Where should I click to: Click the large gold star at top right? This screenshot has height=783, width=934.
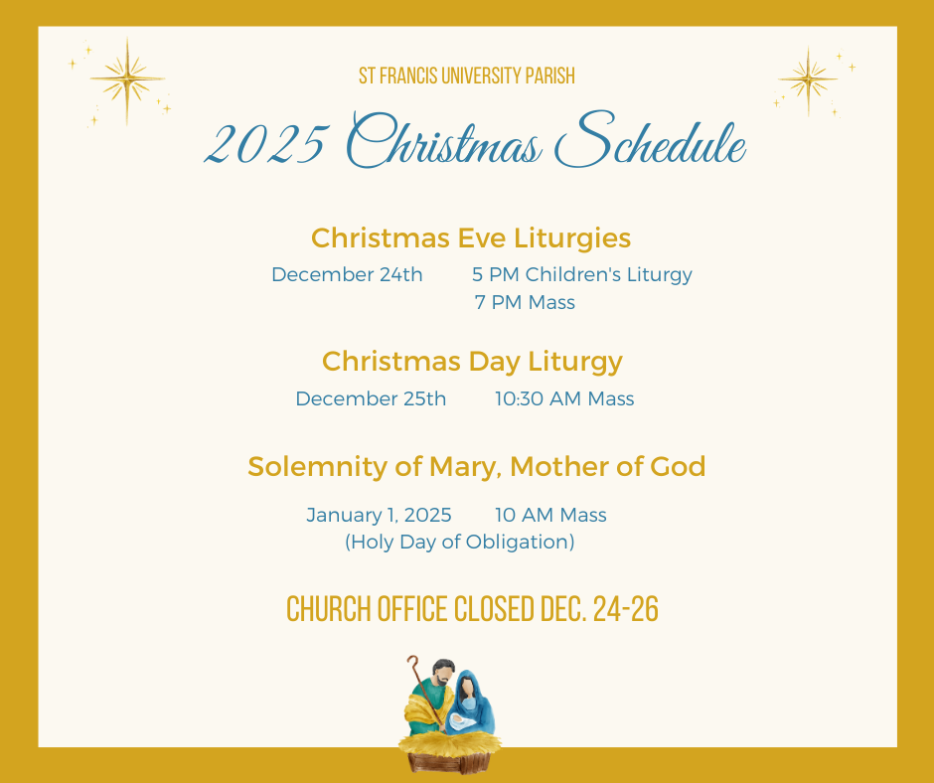click(x=808, y=79)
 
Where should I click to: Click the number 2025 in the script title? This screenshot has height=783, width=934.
click(x=266, y=145)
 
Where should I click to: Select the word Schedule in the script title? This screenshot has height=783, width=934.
click(x=651, y=141)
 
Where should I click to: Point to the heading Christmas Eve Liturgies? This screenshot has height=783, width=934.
click(x=471, y=238)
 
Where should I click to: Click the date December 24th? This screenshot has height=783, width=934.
click(x=347, y=274)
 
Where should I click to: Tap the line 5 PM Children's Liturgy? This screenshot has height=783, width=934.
click(x=582, y=274)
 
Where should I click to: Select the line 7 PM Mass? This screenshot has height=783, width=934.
click(x=525, y=303)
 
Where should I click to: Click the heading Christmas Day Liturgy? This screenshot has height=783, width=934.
click(x=472, y=362)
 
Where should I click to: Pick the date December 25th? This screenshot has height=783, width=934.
click(x=371, y=398)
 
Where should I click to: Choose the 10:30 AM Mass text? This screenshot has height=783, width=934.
click(x=564, y=398)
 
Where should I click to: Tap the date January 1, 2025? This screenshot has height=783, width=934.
click(x=379, y=515)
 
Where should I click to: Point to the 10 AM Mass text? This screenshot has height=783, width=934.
click(x=550, y=515)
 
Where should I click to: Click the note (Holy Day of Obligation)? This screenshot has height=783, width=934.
click(x=460, y=542)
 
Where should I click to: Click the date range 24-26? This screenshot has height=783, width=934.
click(x=625, y=609)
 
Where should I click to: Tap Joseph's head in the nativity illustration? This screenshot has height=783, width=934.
click(x=443, y=672)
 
